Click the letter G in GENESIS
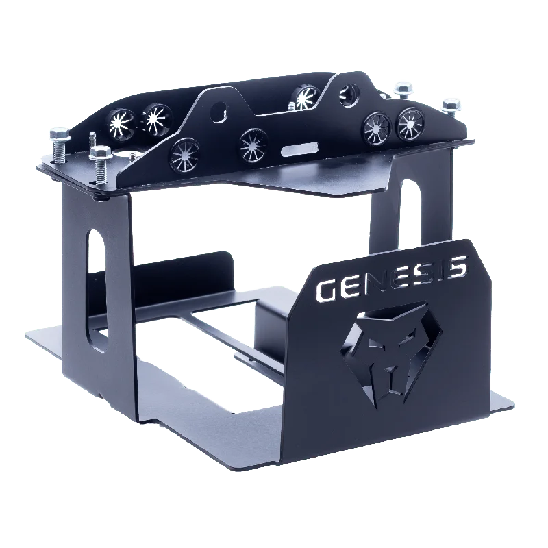(x=329, y=289)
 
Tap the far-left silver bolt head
(x=59, y=134)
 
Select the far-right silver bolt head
(x=451, y=105)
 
